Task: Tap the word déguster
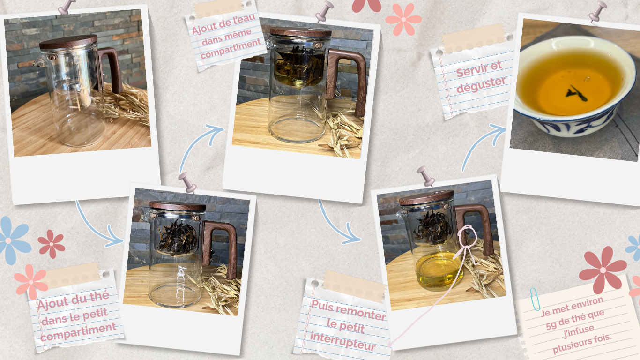point(481,85)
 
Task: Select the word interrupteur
point(343,341)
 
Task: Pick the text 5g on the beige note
point(551,326)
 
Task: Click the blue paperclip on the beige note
point(535,299)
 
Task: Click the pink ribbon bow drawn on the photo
point(466,243)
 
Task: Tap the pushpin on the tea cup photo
point(597,11)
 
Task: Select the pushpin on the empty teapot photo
point(67,7)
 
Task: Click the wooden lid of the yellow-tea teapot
point(426,197)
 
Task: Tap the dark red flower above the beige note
point(603,270)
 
